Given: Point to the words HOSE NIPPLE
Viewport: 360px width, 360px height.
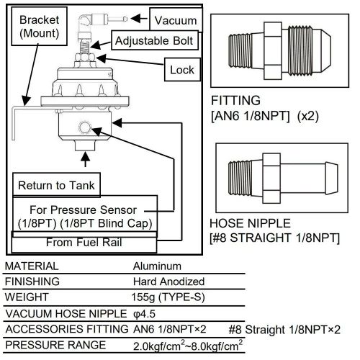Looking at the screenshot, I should pyautogui.click(x=249, y=224).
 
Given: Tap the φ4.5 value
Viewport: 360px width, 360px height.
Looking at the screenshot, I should pyautogui.click(x=146, y=314).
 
